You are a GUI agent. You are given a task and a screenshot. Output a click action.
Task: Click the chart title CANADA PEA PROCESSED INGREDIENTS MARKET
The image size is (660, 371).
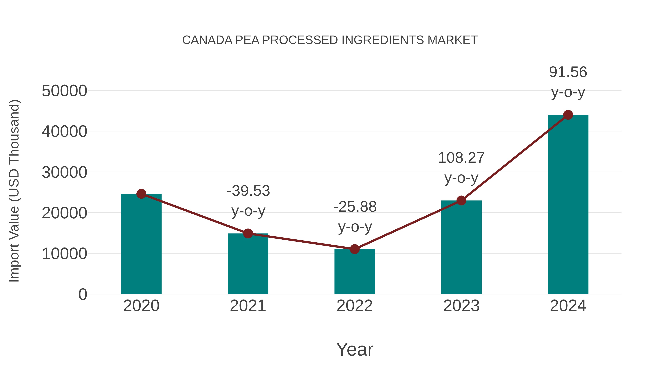(x=330, y=40)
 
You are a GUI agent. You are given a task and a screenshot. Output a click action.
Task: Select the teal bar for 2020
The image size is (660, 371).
(x=141, y=246)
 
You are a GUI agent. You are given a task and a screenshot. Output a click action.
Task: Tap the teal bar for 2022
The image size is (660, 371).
(x=355, y=273)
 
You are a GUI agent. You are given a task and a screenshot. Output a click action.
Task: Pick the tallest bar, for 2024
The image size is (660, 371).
(x=568, y=205)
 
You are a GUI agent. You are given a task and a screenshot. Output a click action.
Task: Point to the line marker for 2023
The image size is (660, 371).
(x=461, y=200)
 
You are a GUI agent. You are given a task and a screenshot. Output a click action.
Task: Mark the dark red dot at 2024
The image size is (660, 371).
(x=568, y=115)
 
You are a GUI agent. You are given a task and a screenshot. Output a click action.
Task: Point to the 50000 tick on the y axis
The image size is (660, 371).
(x=64, y=91)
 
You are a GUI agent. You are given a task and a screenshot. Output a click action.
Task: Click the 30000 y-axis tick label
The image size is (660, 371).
(x=64, y=172)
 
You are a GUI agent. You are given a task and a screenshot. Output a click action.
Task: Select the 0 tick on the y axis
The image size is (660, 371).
(x=82, y=294)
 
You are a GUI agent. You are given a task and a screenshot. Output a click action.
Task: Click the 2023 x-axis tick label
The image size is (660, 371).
(x=461, y=306)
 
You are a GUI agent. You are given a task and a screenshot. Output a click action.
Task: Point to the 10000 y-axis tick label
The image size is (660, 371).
(x=64, y=254)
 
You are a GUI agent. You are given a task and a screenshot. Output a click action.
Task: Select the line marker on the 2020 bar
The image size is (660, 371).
(x=141, y=194)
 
